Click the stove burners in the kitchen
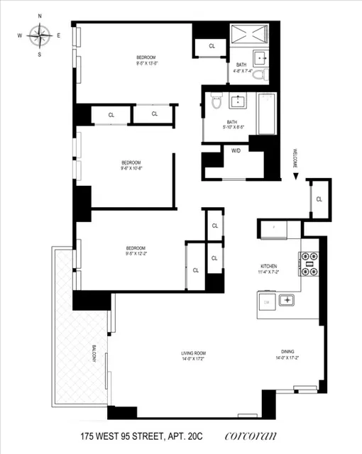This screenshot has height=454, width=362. pos(309,264)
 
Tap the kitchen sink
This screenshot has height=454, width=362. pos(287,300)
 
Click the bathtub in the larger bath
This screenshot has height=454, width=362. pos(266,114)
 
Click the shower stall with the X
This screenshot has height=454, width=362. pos(249,33)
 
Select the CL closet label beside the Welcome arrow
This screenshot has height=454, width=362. pos(319,199)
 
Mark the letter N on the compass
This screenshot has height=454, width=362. pos(40,15)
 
